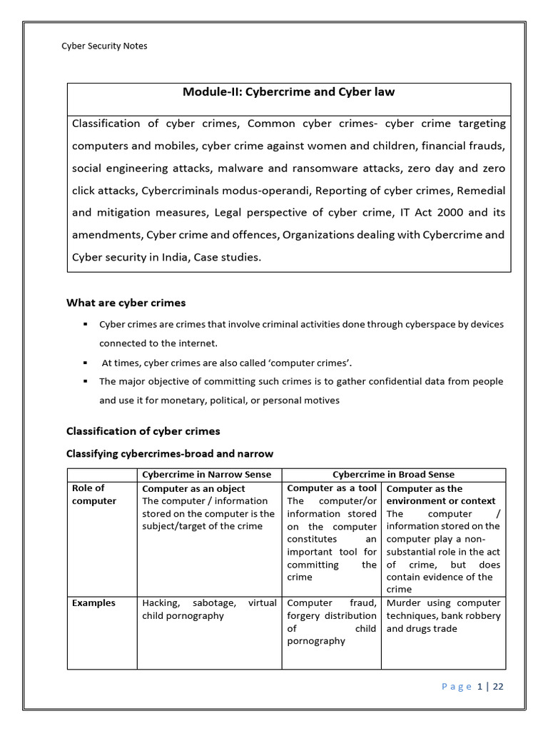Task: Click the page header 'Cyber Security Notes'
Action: [105, 46]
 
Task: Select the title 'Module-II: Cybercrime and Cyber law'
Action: [288, 92]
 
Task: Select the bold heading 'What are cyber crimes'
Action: [126, 303]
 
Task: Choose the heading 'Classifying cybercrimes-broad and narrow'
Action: [170, 454]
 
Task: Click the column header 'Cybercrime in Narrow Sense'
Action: [207, 475]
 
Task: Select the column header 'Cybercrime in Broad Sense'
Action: [393, 475]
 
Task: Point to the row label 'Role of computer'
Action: [93, 495]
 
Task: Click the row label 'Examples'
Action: [93, 603]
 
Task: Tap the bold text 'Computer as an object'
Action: [193, 489]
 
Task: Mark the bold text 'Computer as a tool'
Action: [332, 488]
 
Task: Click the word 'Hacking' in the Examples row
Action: [161, 603]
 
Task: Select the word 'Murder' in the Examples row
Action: [404, 603]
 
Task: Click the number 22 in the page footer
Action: [498, 687]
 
